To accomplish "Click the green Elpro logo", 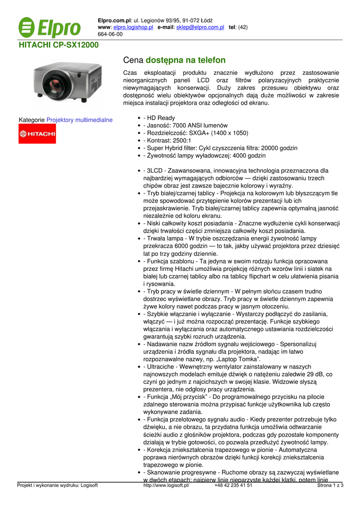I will pos(49,28).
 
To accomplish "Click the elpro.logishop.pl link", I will pos(133,27).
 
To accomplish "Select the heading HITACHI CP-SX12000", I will pos(59,45).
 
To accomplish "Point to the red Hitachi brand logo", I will pos(37,133).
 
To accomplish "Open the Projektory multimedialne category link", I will pos(79,120).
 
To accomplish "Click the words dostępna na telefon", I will pos(186,60).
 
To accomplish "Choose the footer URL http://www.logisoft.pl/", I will pos(166,485).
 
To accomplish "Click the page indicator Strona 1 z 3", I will pos(330,485).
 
